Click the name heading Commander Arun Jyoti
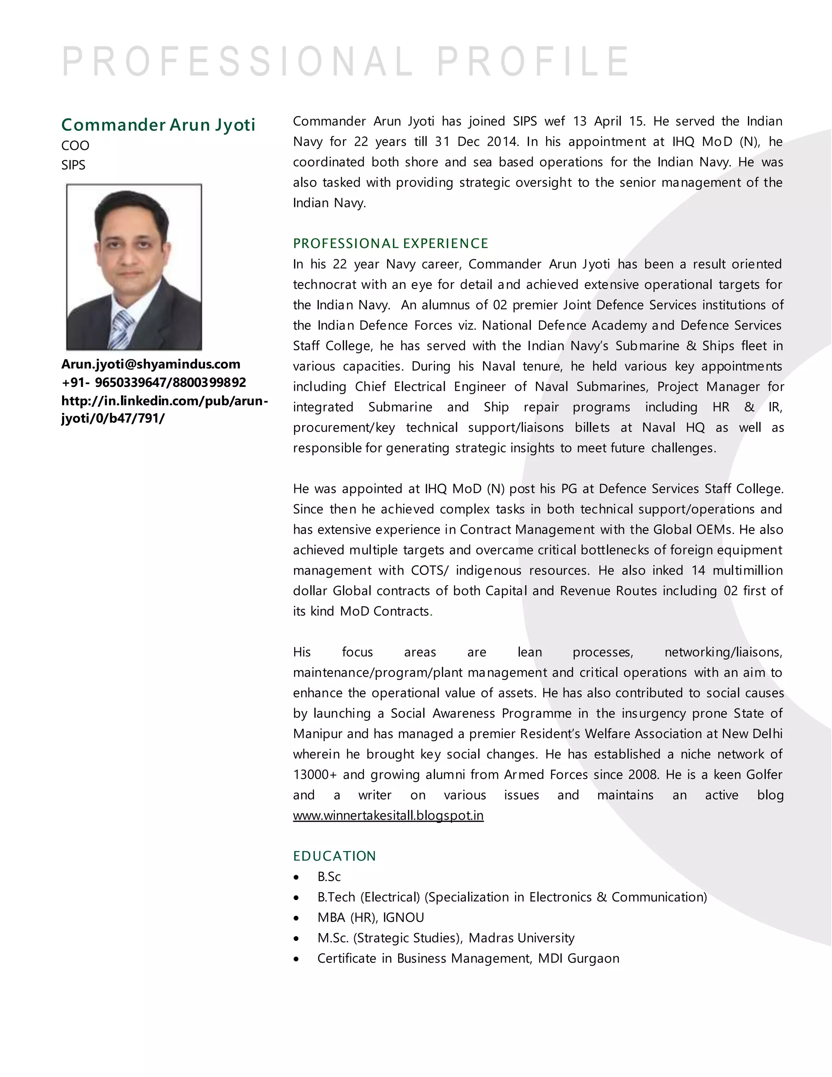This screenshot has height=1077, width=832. click(158, 125)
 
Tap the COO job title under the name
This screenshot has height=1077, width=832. click(76, 145)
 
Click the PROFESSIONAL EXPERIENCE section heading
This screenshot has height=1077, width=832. click(390, 243)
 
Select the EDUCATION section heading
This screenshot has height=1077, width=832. click(334, 856)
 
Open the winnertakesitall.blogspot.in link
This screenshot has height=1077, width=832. click(388, 815)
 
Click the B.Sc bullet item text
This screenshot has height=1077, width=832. click(329, 876)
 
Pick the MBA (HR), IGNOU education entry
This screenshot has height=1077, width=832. click(370, 917)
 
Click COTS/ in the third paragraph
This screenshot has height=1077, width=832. click(430, 570)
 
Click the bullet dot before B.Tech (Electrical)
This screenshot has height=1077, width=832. click(296, 897)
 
